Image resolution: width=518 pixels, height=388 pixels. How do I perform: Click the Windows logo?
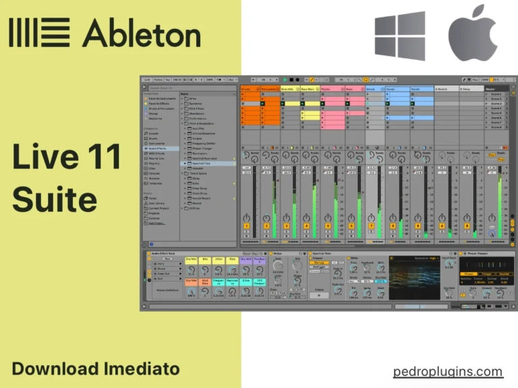tap(400, 36)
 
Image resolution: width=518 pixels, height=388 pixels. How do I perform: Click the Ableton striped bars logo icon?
tap(39, 32)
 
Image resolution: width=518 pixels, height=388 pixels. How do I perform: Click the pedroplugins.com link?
tap(448, 371)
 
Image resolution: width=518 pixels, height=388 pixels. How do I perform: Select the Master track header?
tap(492, 88)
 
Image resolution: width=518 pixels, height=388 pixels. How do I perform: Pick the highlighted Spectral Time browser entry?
tap(202, 163)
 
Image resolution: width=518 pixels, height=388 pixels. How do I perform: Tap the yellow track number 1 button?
tap(247, 226)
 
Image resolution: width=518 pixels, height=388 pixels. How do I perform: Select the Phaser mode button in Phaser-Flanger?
tap(467, 273)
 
